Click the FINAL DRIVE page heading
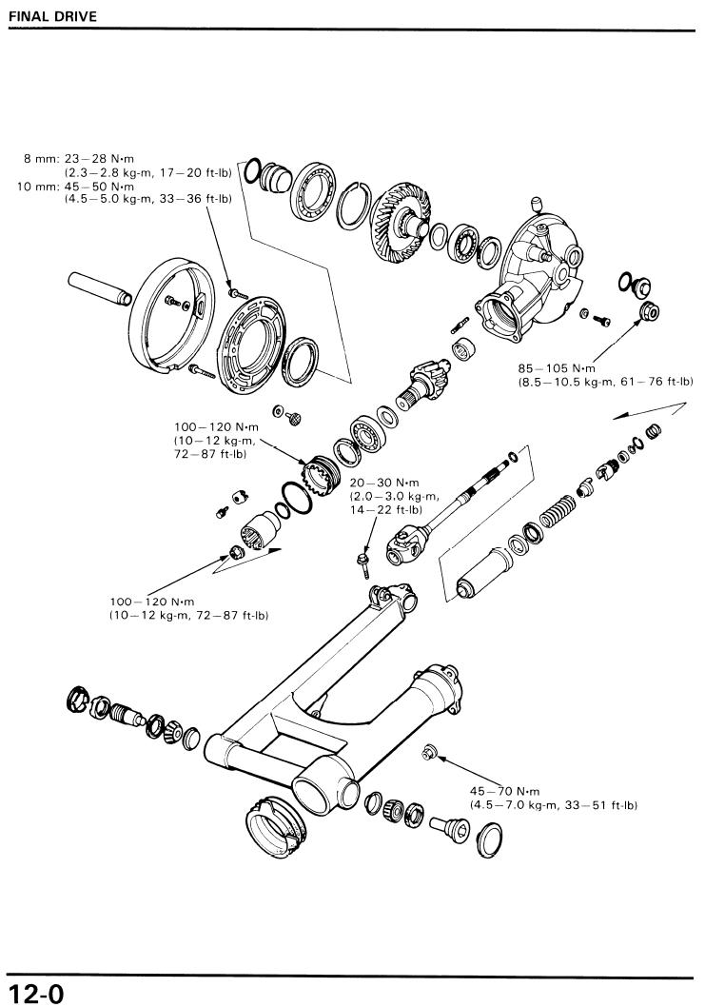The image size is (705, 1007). coord(52,16)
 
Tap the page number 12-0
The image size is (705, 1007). coord(36,993)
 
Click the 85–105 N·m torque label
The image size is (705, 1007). coord(557,368)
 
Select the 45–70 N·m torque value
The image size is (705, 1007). coord(504,791)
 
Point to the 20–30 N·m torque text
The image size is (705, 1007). coord(384,483)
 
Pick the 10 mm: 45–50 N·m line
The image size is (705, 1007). coord(76,187)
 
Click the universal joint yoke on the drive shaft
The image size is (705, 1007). coord(407,543)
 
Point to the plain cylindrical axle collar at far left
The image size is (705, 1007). coord(100,287)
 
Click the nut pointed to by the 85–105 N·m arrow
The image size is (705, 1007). coord(649,311)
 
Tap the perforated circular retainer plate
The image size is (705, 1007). coord(253,336)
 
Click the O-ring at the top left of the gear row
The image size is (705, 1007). coord(253,169)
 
